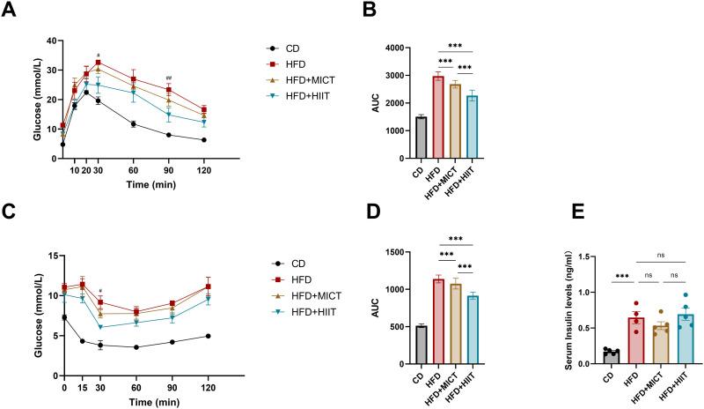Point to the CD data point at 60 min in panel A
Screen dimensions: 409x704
click(134, 124)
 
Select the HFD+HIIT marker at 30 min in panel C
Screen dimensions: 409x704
click(101, 327)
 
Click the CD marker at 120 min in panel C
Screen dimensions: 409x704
click(208, 336)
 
